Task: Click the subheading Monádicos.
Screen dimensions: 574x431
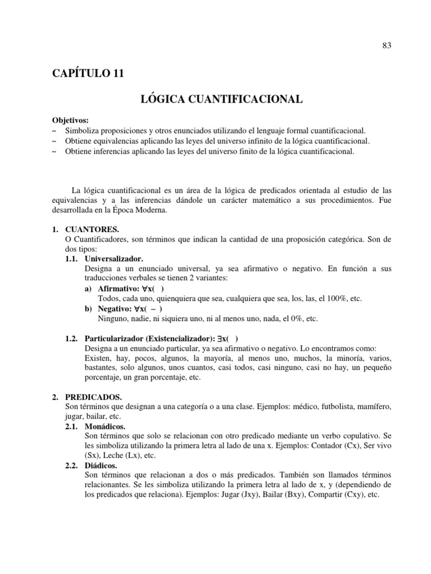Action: (105, 427)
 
